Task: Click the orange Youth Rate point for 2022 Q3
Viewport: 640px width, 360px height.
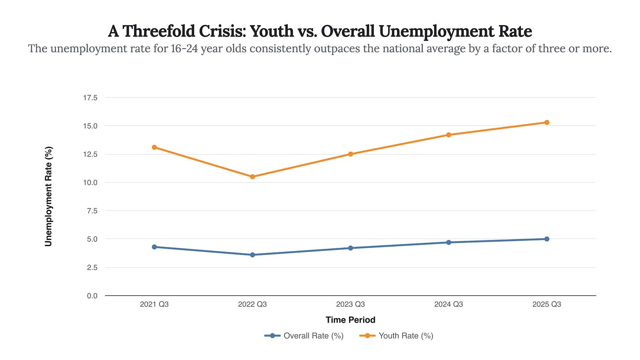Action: pos(252,177)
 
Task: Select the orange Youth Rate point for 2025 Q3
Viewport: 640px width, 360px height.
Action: pos(547,122)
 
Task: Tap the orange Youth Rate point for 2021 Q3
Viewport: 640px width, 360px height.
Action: pos(154,147)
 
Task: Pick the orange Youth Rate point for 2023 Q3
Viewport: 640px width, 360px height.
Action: pos(350,154)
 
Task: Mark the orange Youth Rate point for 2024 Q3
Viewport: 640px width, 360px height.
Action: pos(449,135)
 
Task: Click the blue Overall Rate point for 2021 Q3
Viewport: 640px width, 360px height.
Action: pos(154,247)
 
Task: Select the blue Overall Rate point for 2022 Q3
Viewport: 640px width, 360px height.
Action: pos(252,255)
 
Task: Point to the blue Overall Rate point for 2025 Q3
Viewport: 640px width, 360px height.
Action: pos(547,239)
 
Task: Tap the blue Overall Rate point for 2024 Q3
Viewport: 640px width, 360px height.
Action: pos(449,242)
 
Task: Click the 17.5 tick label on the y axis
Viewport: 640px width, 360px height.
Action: pos(90,98)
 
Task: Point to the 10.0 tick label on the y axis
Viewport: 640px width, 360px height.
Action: pos(90,182)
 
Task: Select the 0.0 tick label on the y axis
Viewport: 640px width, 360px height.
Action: pos(91,296)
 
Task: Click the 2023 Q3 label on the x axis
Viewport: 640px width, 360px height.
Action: pos(350,304)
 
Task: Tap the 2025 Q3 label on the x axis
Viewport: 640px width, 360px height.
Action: pos(547,304)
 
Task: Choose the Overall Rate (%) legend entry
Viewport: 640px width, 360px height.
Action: pos(313,336)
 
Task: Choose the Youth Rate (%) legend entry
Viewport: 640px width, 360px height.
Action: pos(406,336)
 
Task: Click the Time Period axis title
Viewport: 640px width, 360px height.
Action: pos(350,320)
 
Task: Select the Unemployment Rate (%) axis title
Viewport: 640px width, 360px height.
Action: pos(49,196)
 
